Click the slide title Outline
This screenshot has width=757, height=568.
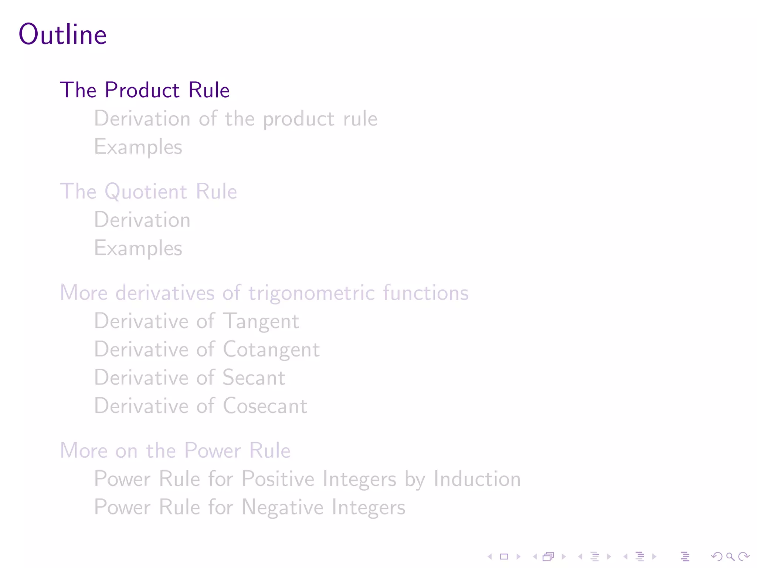click(63, 34)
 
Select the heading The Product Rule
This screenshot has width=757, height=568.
click(145, 90)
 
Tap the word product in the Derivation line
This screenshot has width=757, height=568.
click(299, 119)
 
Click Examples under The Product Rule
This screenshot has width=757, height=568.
click(138, 147)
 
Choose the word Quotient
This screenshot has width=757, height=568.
click(146, 192)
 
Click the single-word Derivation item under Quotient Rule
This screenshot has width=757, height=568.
click(142, 220)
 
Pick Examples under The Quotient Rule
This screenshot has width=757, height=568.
click(138, 248)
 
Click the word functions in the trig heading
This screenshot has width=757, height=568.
click(425, 293)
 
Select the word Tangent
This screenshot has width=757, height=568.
click(261, 321)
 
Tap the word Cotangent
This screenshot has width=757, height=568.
click(271, 349)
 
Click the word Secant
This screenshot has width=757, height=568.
click(254, 378)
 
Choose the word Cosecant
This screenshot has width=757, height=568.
click(265, 406)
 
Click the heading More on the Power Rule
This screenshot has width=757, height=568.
click(175, 450)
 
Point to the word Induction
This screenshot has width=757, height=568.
click(477, 479)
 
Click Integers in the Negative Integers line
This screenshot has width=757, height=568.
click(368, 507)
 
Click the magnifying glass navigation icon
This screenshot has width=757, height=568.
click(730, 557)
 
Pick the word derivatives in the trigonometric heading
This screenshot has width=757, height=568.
click(165, 293)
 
